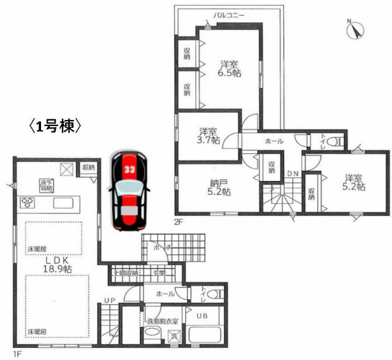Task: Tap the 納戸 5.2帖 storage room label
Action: point(209,187)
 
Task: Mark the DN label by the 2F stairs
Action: point(292,175)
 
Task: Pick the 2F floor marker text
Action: point(179,221)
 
